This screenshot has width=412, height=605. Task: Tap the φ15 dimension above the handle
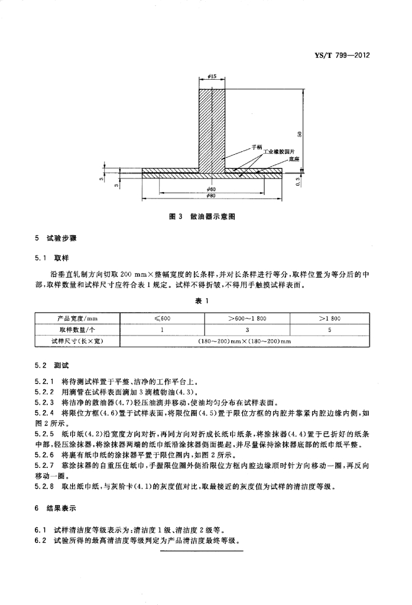pyautogui.click(x=212, y=77)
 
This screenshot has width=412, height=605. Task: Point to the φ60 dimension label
pyautogui.click(x=212, y=189)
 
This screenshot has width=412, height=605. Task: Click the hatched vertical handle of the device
pyautogui.click(x=212, y=127)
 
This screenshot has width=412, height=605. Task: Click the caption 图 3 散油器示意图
pyautogui.click(x=203, y=218)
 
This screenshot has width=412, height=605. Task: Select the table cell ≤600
pyautogui.click(x=162, y=318)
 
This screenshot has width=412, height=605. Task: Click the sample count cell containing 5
pyautogui.click(x=329, y=330)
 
